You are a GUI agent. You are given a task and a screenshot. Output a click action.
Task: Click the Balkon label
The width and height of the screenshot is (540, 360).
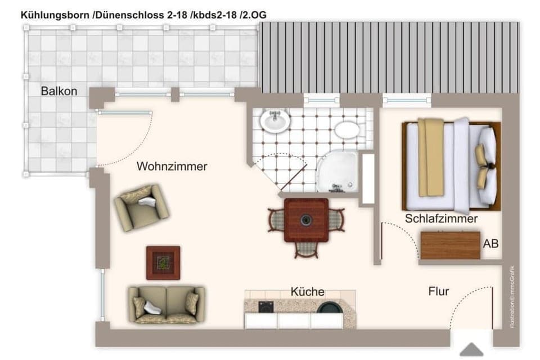point(58,91)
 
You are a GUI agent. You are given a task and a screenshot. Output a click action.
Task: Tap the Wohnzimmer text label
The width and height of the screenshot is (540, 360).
point(172,166)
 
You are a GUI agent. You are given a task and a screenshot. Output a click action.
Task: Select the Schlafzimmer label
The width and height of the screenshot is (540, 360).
point(441,219)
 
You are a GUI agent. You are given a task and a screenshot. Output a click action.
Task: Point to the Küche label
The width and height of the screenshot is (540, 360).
point(307,291)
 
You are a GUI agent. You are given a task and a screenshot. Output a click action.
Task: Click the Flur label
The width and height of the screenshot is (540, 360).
point(439,291)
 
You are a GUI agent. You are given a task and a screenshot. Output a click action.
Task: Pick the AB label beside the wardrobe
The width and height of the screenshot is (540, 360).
point(490,244)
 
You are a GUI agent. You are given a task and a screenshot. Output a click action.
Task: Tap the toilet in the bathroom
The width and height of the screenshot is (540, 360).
point(346,130)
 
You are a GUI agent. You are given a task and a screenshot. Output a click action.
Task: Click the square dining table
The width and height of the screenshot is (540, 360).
point(306,220)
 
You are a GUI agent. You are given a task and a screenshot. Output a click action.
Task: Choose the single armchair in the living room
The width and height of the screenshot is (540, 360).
point(141,207)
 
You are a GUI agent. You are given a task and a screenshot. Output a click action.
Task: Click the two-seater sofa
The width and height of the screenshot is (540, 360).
point(166,304)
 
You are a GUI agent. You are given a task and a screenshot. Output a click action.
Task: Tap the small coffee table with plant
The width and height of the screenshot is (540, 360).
point(163,263)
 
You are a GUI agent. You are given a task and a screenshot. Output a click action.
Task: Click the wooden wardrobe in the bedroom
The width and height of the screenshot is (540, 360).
point(450,245)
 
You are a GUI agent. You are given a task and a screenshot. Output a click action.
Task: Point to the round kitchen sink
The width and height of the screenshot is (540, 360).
point(330,307)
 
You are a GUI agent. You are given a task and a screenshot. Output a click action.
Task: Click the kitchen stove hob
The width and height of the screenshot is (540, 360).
point(265,307)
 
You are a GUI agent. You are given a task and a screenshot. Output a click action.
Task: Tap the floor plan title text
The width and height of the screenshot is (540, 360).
point(143,15)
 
